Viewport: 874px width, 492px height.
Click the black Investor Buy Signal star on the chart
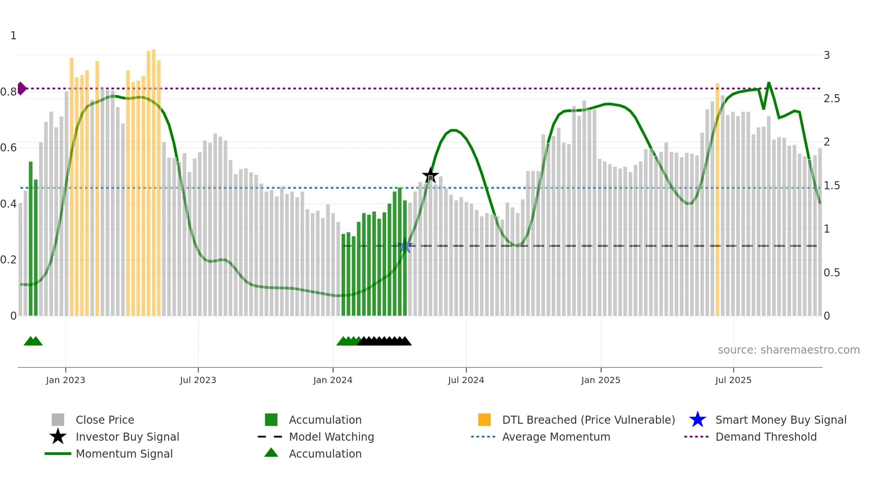pyautogui.click(x=430, y=175)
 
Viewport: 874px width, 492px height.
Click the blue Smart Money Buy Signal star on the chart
pyautogui.click(x=405, y=246)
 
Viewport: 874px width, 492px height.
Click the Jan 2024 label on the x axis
pyautogui.click(x=333, y=380)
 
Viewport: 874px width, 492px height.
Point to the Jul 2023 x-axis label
pyautogui.click(x=198, y=380)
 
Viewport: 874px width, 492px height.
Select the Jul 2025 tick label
pyautogui.click(x=733, y=380)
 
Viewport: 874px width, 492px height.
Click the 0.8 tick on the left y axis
pyautogui.click(x=8, y=92)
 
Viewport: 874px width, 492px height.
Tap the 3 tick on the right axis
pyautogui.click(x=827, y=55)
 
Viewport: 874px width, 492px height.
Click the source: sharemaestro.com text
pyautogui.click(x=788, y=350)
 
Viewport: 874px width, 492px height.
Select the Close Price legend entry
pyautogui.click(x=104, y=420)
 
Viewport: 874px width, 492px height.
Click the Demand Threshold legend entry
pyautogui.click(x=766, y=437)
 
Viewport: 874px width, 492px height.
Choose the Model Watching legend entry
pyautogui.click(x=331, y=437)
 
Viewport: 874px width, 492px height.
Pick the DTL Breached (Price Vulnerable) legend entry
pyautogui.click(x=588, y=420)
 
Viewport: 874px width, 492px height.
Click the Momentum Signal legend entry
pyautogui.click(x=124, y=454)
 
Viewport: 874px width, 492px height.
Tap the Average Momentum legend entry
pyautogui.click(x=556, y=437)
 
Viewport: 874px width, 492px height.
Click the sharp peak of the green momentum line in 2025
pyautogui.click(x=769, y=83)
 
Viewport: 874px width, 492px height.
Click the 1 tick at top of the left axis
pyautogui.click(x=13, y=36)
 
